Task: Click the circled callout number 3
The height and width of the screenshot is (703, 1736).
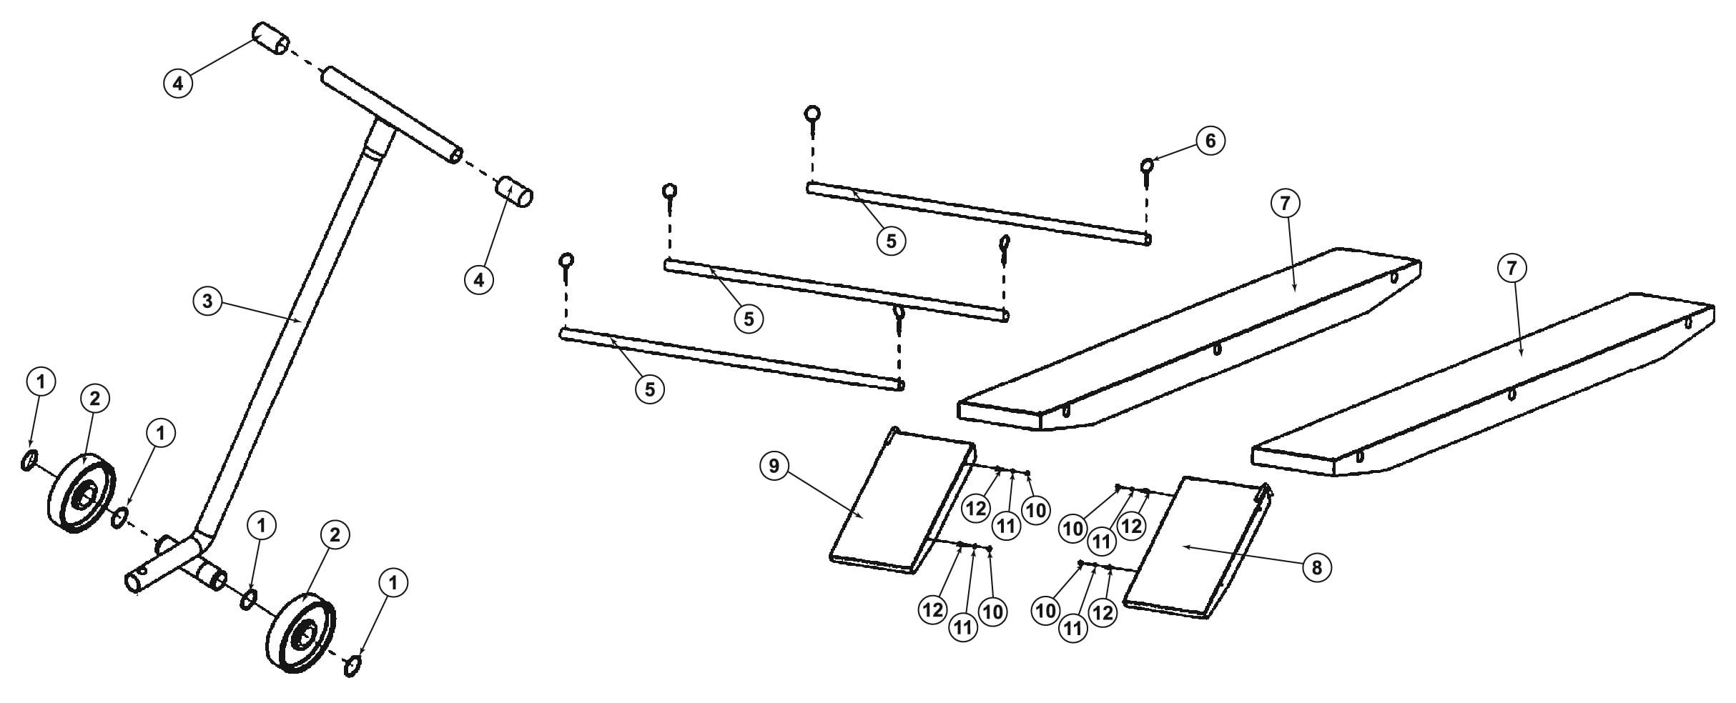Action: point(207,301)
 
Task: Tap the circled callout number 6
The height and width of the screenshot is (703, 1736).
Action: point(1210,141)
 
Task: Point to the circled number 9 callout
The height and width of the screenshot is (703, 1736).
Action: point(774,466)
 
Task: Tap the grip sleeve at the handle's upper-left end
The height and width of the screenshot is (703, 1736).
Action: point(270,39)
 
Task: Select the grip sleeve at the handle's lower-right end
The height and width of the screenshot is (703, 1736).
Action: point(516,193)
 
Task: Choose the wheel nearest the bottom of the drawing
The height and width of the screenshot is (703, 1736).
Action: point(300,632)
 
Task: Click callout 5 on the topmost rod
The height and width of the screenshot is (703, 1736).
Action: point(891,241)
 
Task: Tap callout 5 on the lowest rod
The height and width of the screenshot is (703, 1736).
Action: point(649,389)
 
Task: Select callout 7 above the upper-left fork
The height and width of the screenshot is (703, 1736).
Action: point(1286,204)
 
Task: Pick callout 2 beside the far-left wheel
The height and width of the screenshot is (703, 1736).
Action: point(95,399)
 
